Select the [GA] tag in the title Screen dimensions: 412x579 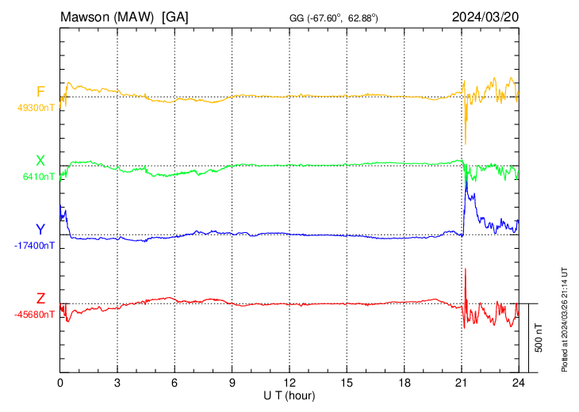pos(174,17)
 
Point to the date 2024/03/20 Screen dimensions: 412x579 pos(485,17)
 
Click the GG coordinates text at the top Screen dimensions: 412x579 pos(333,17)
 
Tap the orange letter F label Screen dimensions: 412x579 pos(40,91)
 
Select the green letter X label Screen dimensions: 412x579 pos(40,161)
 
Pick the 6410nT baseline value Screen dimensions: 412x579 pos(38,177)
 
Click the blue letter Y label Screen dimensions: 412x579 pos(40,230)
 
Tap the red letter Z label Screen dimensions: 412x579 pos(40,298)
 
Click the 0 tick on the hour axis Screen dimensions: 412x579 pos(60,383)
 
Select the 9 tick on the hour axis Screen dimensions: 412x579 pos(232,383)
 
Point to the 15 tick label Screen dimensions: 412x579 pos(346,383)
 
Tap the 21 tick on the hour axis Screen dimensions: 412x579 pos(460,383)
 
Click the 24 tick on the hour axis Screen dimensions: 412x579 pos(517,383)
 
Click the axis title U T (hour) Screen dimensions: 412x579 pos(289,395)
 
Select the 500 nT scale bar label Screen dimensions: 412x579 pos(539,337)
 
